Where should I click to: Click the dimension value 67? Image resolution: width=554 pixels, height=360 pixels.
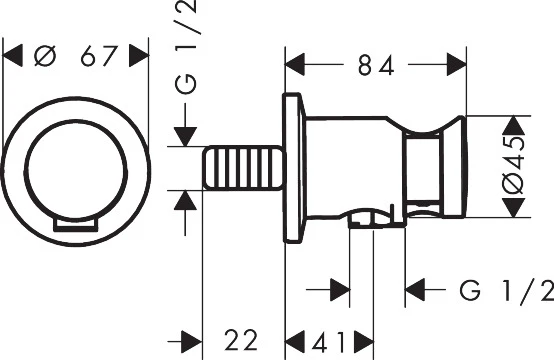[x=99, y=56]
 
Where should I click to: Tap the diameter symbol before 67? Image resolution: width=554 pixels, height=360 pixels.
[x=45, y=56]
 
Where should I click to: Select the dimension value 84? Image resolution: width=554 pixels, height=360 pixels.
[x=376, y=65]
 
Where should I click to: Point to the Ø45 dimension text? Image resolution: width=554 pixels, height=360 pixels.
[x=513, y=166]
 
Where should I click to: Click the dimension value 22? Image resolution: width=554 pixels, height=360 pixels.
[x=241, y=340]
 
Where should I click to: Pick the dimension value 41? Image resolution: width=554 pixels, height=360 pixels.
[x=329, y=342]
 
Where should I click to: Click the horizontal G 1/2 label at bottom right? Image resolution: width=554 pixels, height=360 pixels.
[x=507, y=290]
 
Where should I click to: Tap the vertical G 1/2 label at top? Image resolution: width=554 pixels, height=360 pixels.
[x=186, y=47]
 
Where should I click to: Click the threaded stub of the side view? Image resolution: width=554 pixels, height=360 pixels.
[x=243, y=168]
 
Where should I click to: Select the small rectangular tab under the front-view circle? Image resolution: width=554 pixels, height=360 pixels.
[x=76, y=225]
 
